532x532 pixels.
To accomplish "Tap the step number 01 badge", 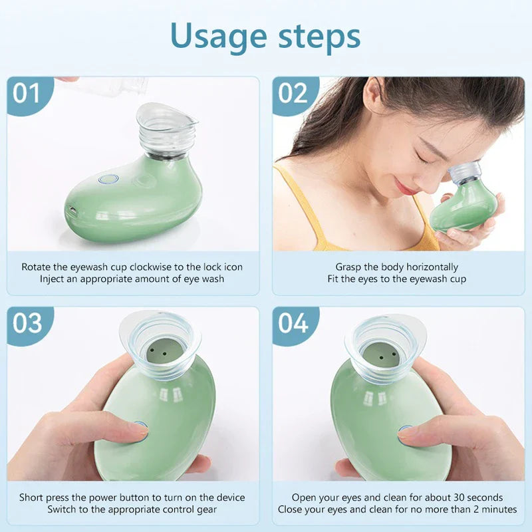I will tap(27, 93).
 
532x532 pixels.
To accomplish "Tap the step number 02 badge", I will tap(293, 93).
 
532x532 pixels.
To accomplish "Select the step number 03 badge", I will tap(27, 323).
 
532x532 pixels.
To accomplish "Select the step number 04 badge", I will tap(293, 323).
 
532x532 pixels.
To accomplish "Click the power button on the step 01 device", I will tap(108, 179).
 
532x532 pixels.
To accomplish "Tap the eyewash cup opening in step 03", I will tap(160, 346).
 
